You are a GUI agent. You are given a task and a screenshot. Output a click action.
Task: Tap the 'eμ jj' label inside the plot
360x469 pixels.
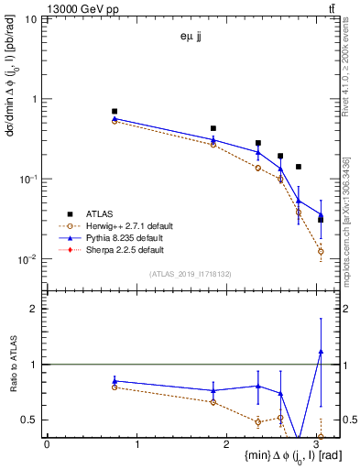coord(192,38)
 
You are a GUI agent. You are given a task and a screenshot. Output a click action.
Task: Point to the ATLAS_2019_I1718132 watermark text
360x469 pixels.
coord(182,274)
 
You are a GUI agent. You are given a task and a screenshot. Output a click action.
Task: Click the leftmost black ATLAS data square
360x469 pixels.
coord(115,111)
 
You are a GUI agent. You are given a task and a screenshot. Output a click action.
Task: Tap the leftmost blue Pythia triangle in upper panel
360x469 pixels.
coord(115,119)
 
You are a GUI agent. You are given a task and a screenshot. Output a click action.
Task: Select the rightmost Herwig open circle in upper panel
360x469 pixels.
coord(321,251)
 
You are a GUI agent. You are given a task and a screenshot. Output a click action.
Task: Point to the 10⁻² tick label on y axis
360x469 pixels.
coord(27,259)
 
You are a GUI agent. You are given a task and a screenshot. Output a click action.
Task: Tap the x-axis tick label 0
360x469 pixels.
coord(47,445)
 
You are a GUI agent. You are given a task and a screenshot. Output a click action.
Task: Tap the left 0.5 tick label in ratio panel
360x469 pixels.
coord(30,420)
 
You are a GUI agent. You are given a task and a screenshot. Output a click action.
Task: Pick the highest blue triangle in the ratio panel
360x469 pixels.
coord(321,351)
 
